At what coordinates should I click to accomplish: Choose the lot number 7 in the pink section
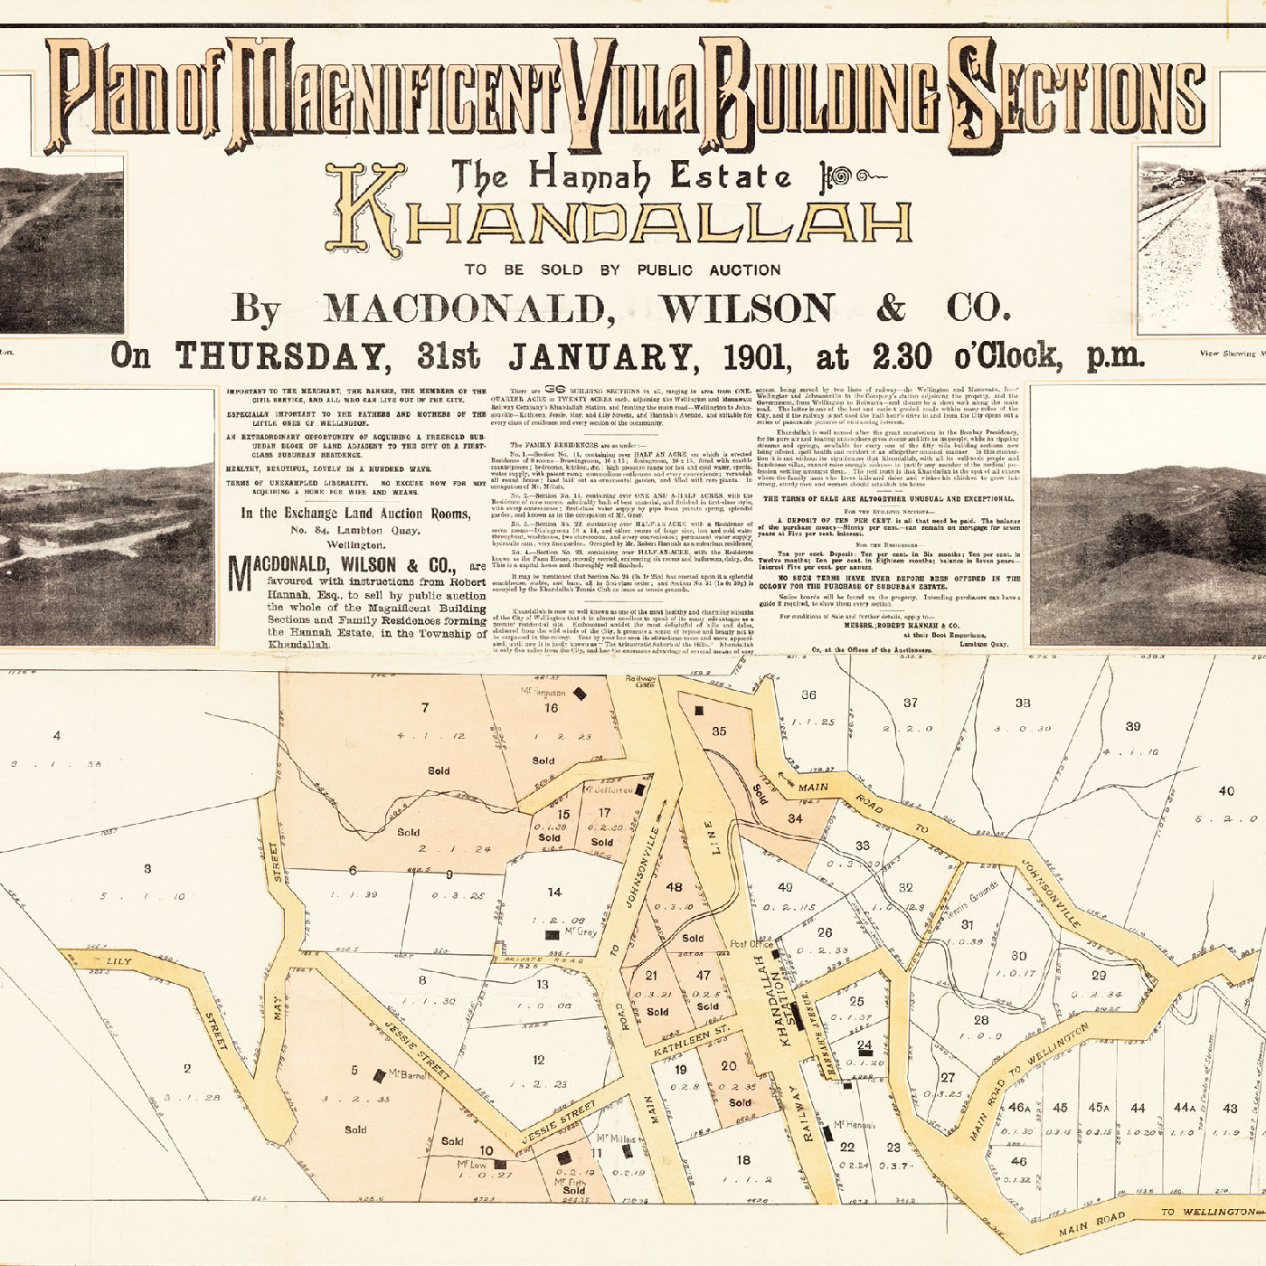[x=424, y=707]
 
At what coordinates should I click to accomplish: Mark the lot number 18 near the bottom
[x=743, y=1160]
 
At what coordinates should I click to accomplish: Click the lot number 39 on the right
[x=1132, y=727]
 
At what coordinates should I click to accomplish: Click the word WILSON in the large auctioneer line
[x=747, y=309]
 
